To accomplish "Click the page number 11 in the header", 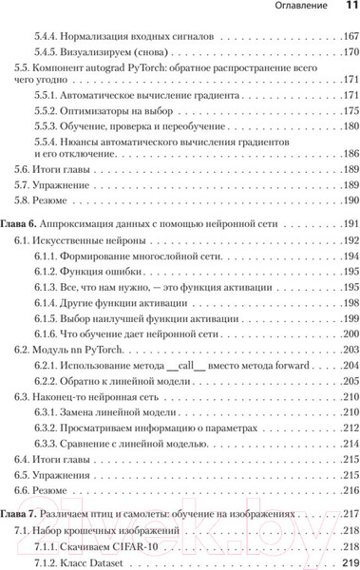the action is point(347,9).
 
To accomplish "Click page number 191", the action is point(346,222).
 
